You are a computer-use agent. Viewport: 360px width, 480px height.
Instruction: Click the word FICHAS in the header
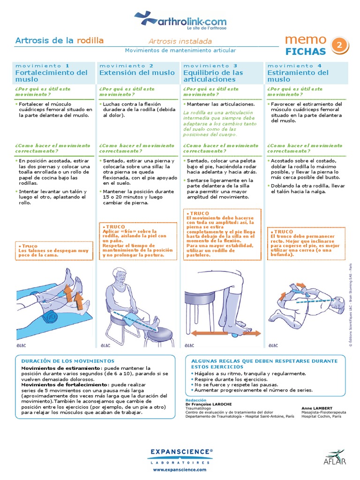point(305,51)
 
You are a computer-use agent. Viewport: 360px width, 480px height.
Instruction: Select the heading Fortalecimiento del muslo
point(52,76)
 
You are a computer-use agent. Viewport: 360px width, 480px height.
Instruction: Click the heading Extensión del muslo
point(137,73)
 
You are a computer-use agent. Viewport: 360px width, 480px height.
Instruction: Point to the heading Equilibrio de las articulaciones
point(213,76)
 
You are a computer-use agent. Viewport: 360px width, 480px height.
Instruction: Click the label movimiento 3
point(210,66)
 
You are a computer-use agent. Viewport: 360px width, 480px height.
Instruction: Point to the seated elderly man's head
point(120,278)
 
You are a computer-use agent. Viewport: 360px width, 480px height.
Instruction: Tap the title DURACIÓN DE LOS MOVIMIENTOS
point(68,361)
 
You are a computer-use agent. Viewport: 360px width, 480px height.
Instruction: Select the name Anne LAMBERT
point(318,408)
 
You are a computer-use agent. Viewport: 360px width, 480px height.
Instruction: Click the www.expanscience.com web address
point(180,469)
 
